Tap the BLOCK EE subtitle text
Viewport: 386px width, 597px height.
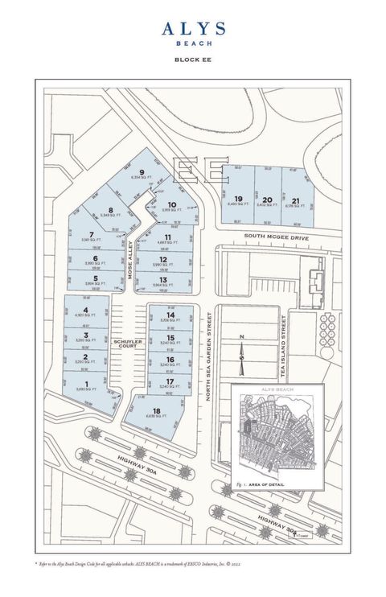point(193,60)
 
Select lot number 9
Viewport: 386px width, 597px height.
point(142,172)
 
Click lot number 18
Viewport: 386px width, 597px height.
point(156,411)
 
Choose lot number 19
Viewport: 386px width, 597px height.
point(238,199)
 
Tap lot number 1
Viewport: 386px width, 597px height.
point(84,385)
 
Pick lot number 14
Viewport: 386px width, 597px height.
point(170,315)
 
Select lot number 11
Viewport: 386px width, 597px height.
point(169,237)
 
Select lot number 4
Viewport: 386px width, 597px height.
point(84,310)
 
